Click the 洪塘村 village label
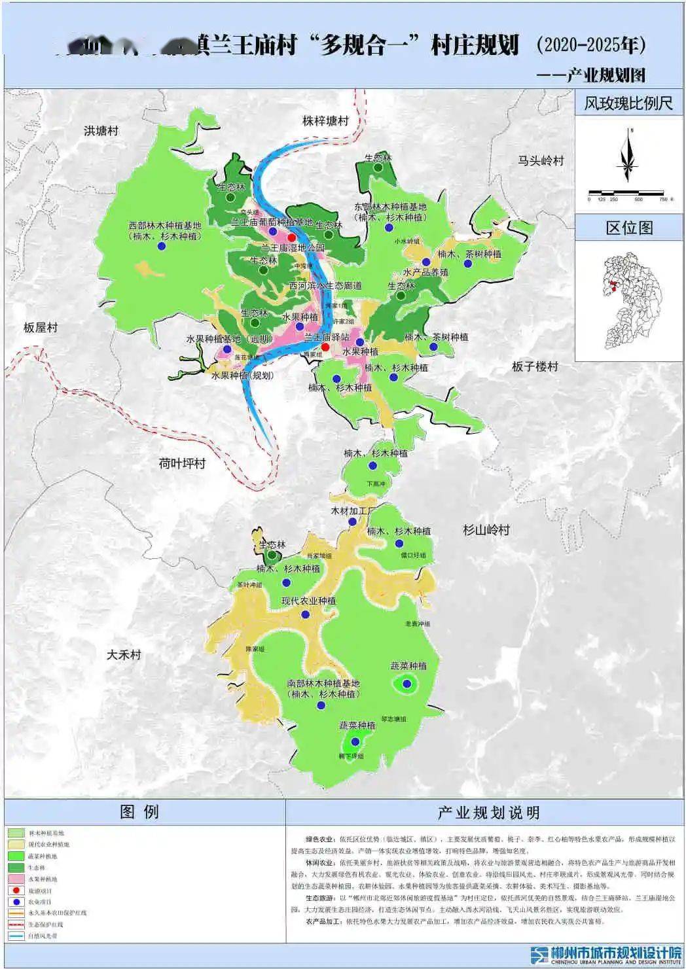tap(101, 130)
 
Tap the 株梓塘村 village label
tap(325, 121)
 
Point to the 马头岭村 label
tap(541, 160)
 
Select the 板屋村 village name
tap(41, 327)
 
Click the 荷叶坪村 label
tap(182, 463)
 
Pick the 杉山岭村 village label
tap(486, 530)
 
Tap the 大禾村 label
tap(124, 654)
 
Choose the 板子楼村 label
tap(535, 366)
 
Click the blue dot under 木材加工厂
tap(353, 522)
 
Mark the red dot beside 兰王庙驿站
tap(325, 347)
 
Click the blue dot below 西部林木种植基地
tap(161, 247)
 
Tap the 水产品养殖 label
tap(425, 272)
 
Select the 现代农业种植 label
tap(308, 601)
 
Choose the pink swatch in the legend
tap(16, 879)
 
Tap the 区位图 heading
tap(629, 228)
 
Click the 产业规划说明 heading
tap(488, 813)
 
